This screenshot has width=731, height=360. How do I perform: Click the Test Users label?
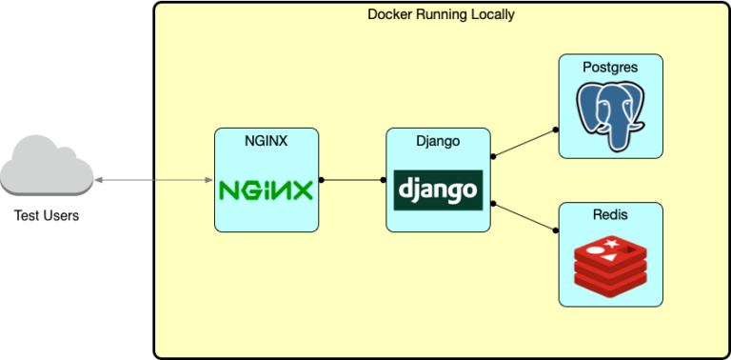[x=47, y=215]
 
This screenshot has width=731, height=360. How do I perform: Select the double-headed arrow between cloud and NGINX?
[x=153, y=179]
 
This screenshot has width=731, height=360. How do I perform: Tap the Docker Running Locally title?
[x=441, y=15]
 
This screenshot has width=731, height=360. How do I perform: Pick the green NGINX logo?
[x=266, y=190]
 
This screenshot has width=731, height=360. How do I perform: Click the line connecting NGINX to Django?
[x=353, y=179]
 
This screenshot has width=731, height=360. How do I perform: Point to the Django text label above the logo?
[x=438, y=141]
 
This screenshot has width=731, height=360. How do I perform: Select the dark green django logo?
[x=438, y=190]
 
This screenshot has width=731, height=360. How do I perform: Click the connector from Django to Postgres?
[x=524, y=143]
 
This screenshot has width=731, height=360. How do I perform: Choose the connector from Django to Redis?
[x=524, y=215]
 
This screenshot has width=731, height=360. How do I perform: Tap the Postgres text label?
[x=610, y=67]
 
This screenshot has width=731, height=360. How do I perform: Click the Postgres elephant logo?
[x=610, y=112]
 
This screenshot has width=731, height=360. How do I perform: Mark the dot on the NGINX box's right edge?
[x=321, y=179]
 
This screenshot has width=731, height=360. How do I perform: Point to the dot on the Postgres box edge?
[x=558, y=130]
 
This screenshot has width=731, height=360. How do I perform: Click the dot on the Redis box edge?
[x=558, y=230]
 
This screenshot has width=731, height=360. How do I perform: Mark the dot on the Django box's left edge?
[x=385, y=179]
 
